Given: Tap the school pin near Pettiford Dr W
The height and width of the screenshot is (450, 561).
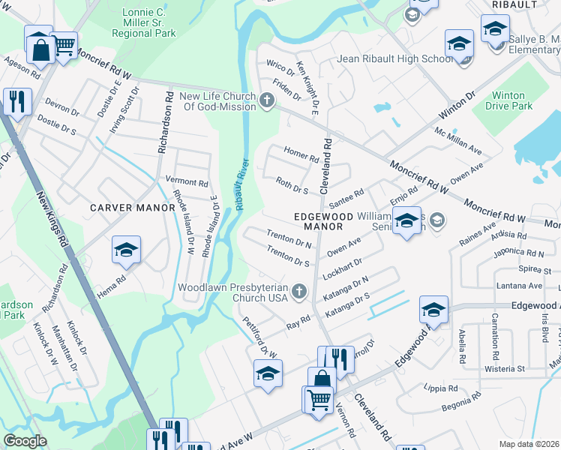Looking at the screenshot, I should [x=268, y=373].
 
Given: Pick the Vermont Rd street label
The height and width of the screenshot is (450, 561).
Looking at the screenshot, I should [x=187, y=182].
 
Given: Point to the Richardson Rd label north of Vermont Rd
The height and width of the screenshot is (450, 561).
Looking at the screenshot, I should [x=162, y=127].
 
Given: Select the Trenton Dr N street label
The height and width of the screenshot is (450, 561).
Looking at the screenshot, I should [x=289, y=238].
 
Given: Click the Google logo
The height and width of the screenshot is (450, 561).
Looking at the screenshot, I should [x=25, y=441].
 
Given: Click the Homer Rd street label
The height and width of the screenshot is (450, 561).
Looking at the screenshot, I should [x=301, y=154].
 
